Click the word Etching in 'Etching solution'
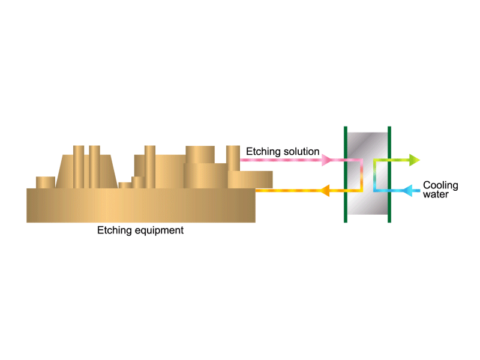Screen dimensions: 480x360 click(263, 152)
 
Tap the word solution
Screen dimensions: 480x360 click(301, 151)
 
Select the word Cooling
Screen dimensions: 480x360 click(440, 185)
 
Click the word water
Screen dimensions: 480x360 click(436, 194)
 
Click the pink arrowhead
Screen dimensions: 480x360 click(326, 160)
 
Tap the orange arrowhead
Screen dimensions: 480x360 click(325, 190)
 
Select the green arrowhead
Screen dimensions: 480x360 click(415, 160)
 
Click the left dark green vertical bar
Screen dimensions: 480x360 click(346, 174)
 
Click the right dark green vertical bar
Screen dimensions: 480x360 click(389, 174)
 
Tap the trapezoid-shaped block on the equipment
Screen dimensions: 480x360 click(86, 172)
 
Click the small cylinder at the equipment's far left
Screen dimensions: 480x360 click(46, 182)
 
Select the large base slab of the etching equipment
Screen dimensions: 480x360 click(141, 205)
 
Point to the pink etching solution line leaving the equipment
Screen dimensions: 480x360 click(281, 160)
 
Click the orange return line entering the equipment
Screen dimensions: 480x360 click(288, 190)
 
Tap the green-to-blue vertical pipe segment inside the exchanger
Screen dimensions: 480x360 click(374, 175)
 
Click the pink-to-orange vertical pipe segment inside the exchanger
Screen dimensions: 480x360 click(361, 175)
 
